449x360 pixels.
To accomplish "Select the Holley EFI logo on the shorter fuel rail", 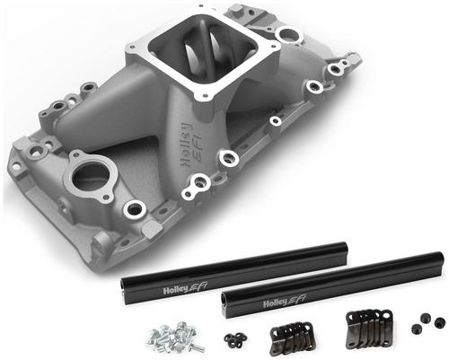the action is pyautogui.click(x=185, y=289).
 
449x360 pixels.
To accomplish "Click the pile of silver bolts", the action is pyautogui.click(x=175, y=336).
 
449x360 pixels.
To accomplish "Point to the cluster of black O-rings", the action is pyautogui.click(x=235, y=339).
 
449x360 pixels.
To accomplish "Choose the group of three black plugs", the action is pyautogui.click(x=428, y=322).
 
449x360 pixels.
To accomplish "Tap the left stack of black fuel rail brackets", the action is pyautogui.click(x=293, y=338).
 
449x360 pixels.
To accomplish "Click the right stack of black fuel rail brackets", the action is pyautogui.click(x=369, y=329).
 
